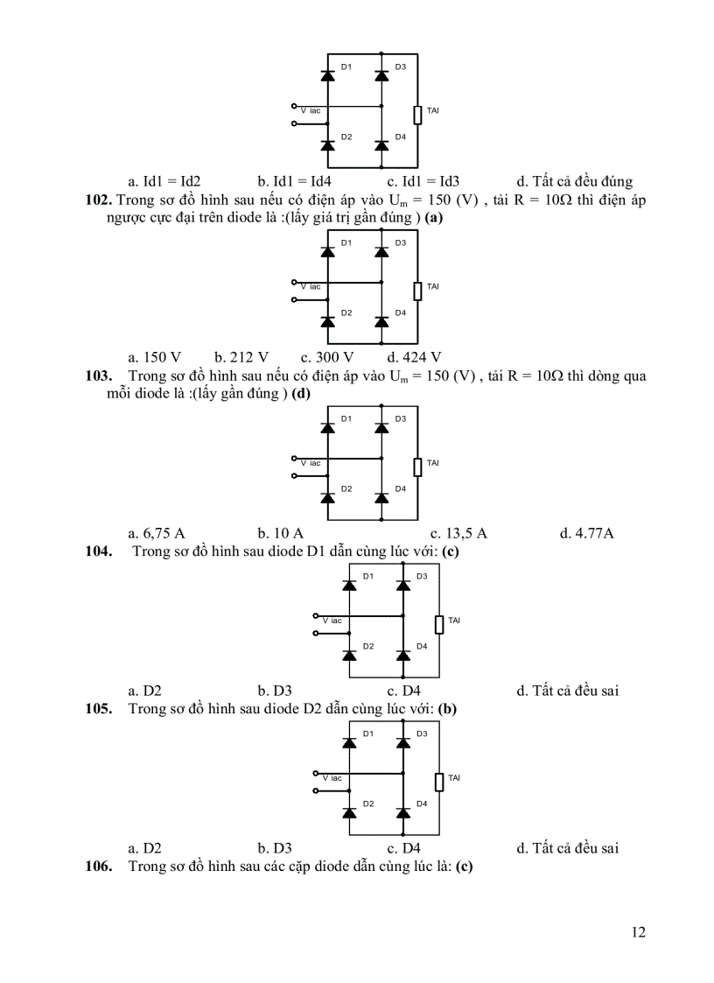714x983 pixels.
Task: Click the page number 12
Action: (638, 932)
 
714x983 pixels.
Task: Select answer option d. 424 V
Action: (414, 357)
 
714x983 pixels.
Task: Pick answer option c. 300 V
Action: (326, 357)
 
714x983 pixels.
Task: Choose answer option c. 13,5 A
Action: (458, 533)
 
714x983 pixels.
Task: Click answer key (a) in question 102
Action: (433, 218)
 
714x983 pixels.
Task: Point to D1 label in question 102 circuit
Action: (346, 242)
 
